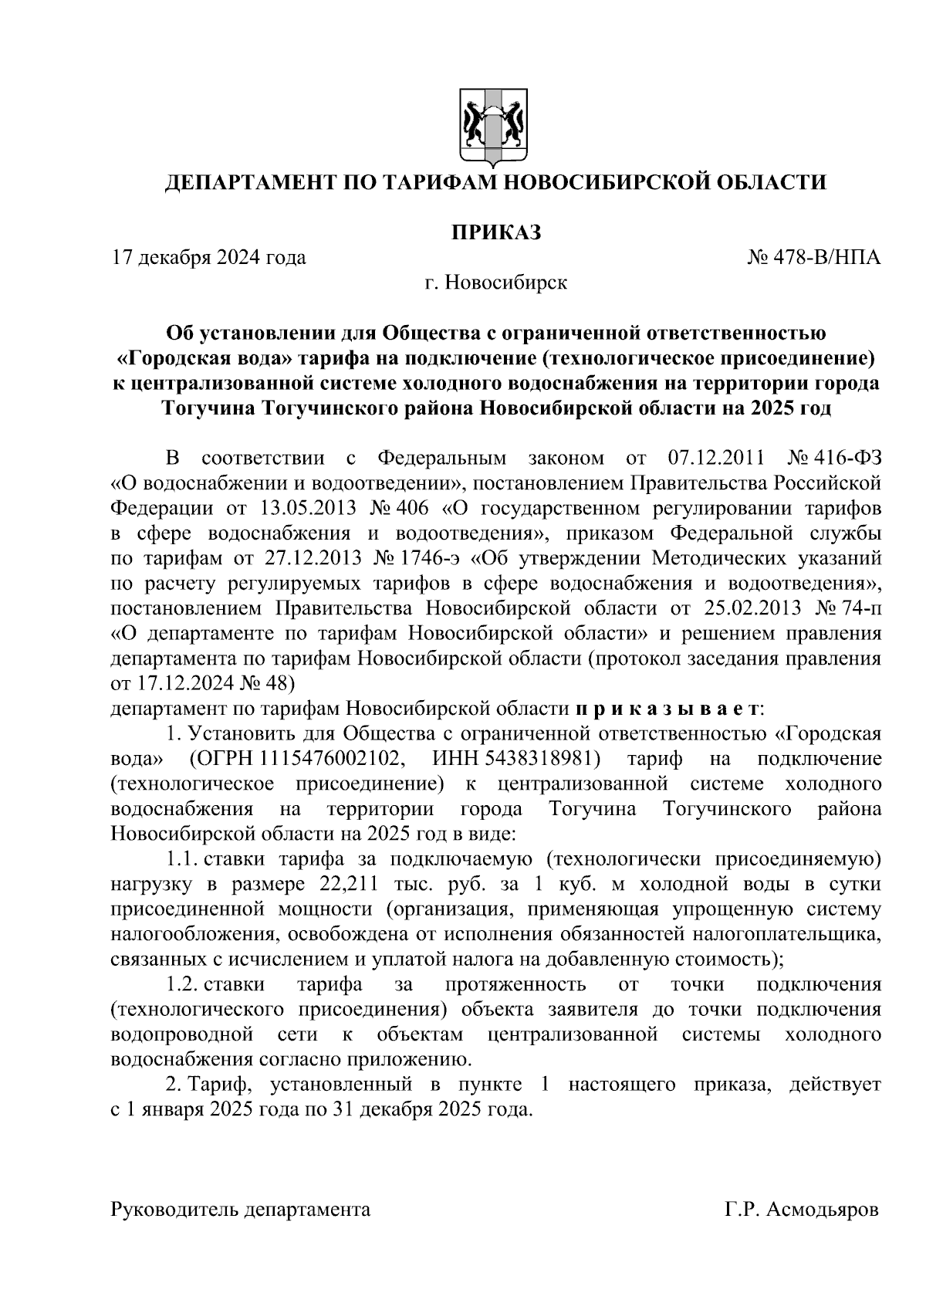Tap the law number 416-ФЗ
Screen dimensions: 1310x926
850,459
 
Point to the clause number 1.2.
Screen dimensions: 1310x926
183,985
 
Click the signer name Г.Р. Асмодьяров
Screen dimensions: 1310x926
801,1210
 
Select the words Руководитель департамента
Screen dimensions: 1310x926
241,1210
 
